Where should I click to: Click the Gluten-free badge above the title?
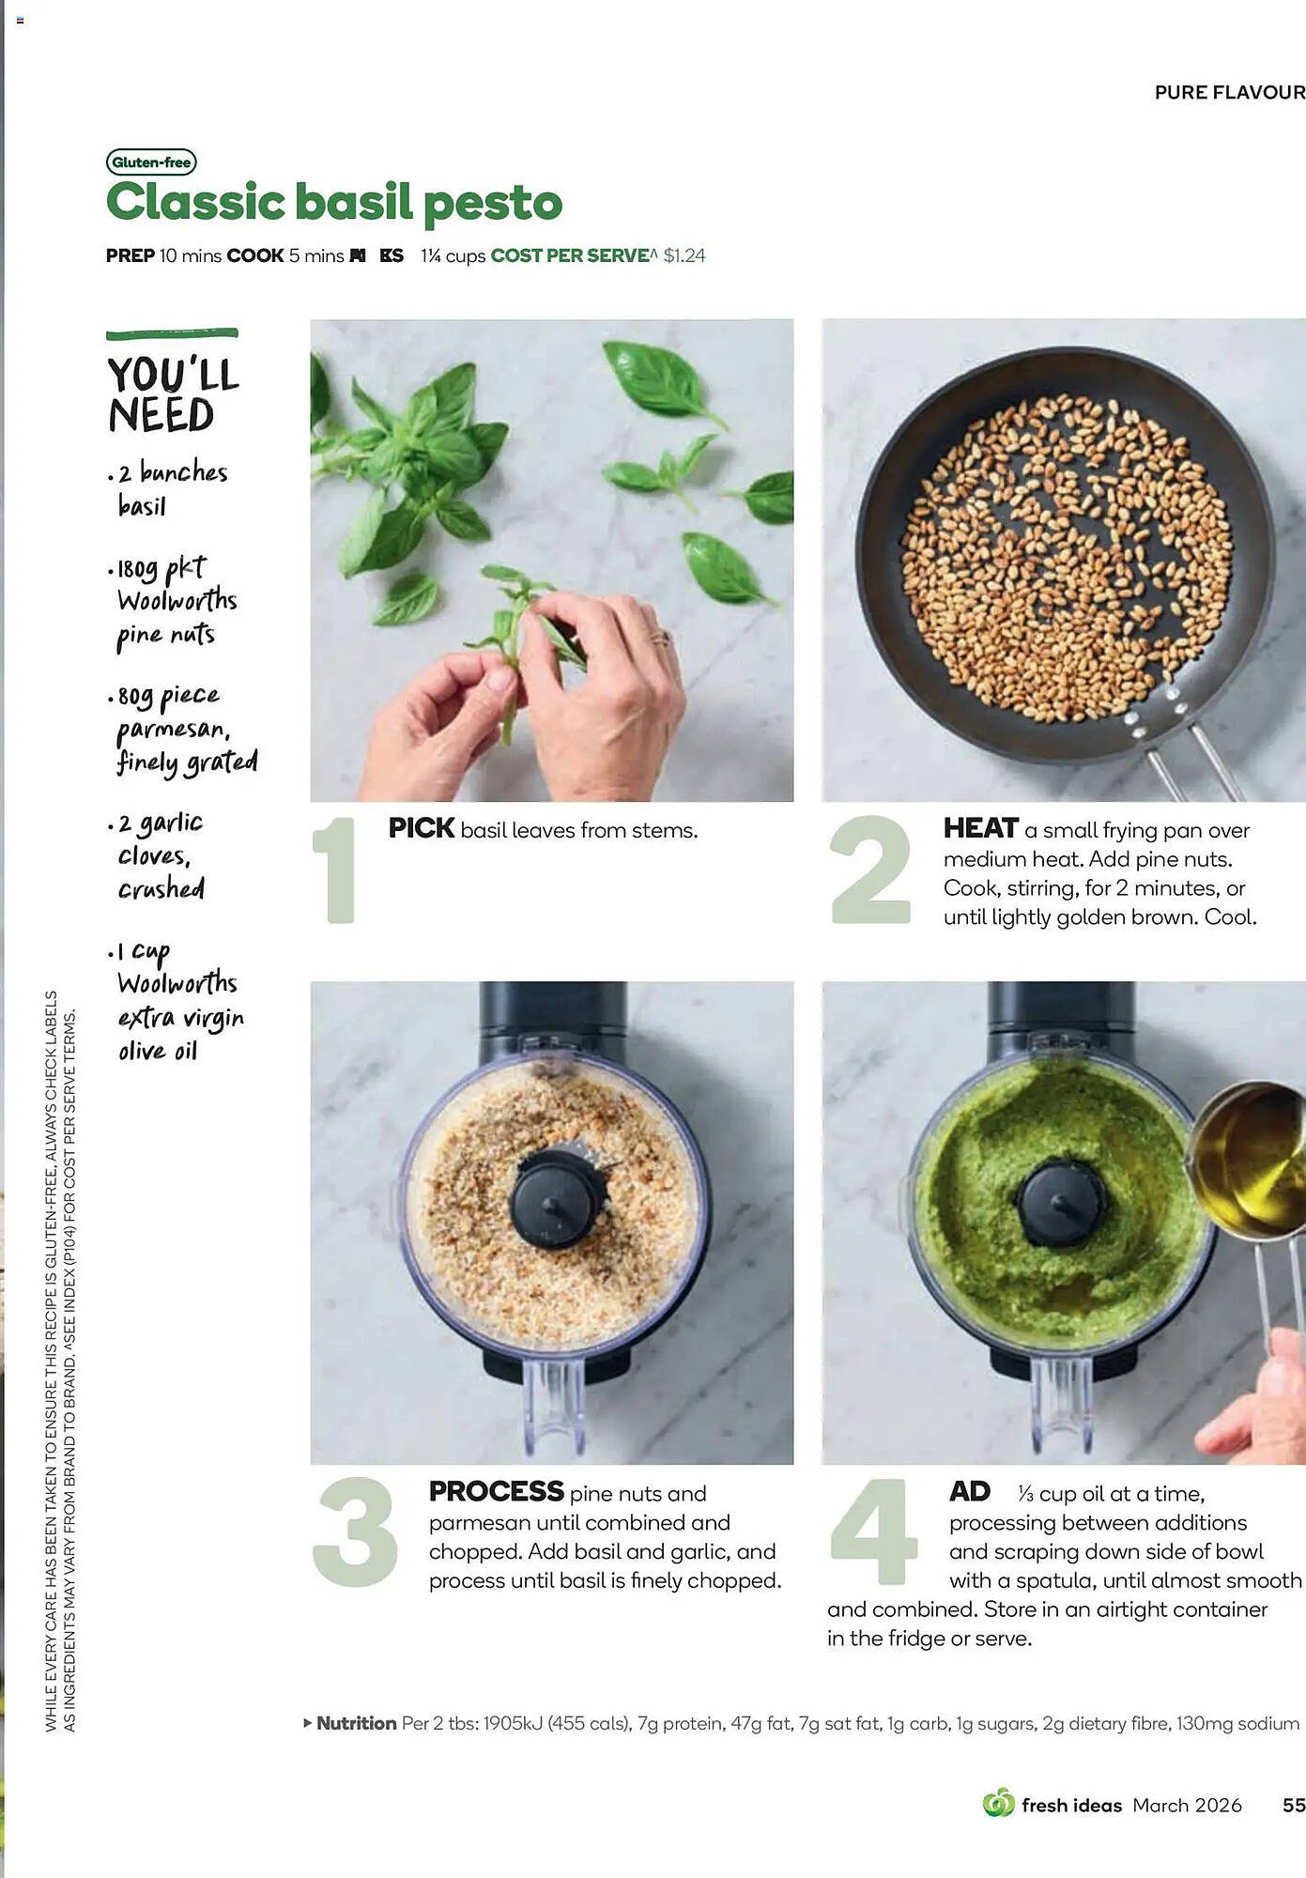(151, 162)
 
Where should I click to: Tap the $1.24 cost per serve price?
(684, 255)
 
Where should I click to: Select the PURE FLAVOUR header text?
(1229, 92)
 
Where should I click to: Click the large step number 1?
(335, 870)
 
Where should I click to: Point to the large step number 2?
(870, 870)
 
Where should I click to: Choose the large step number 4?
(872, 1532)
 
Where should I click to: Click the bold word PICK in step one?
(422, 828)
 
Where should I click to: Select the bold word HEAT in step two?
(980, 828)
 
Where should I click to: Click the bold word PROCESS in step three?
(496, 1491)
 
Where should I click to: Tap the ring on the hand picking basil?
(660, 639)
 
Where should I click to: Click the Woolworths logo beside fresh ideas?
(998, 1803)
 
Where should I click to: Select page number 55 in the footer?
(1293, 1805)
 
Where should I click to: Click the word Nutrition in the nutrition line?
(356, 1723)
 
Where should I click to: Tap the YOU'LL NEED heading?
(173, 394)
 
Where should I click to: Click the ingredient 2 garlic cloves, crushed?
(160, 855)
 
